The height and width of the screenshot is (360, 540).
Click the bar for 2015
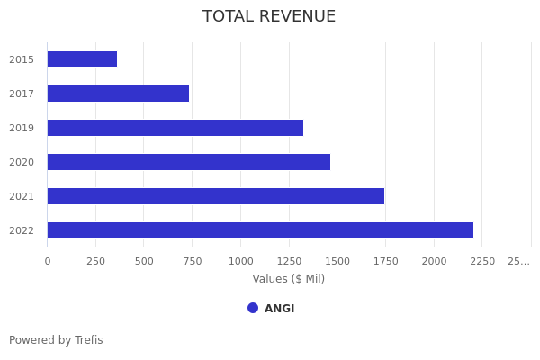point(82,59)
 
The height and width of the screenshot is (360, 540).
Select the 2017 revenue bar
point(118,94)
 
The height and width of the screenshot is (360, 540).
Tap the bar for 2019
point(175,128)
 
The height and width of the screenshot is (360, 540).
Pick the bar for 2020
point(189,162)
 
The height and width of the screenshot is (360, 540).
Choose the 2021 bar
point(216,196)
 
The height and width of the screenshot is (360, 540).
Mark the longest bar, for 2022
point(260,230)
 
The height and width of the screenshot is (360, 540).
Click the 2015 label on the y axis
point(22,59)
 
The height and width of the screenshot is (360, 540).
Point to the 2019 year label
point(22,128)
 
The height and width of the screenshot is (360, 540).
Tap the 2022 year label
point(22,230)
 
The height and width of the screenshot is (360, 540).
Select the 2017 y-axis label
point(22,94)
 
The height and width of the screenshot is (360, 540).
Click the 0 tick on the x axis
point(48,261)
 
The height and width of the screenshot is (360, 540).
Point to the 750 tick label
point(192,261)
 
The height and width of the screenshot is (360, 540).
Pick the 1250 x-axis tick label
point(289,261)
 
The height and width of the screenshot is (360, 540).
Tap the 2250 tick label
point(482,261)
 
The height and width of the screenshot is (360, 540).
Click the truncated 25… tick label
point(518,261)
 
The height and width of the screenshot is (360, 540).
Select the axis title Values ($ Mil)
point(289,279)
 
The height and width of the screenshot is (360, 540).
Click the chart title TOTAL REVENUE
point(269,16)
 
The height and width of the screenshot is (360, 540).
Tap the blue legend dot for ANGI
point(253,308)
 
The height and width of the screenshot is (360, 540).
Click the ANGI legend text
point(279,309)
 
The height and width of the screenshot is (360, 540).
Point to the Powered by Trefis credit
point(56,340)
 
